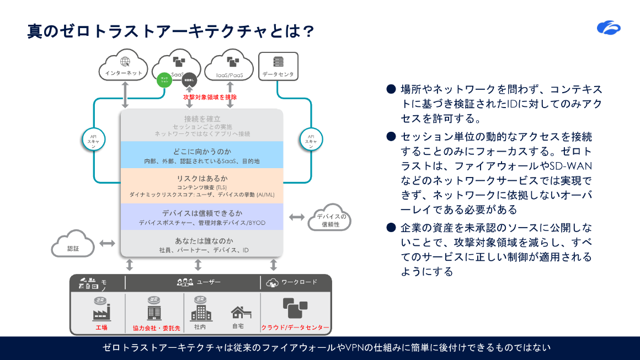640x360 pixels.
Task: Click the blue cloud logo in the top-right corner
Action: pyautogui.click(x=609, y=27)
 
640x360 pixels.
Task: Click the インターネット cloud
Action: pyautogui.click(x=124, y=67)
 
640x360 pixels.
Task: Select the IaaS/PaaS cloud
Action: pyautogui.click(x=230, y=68)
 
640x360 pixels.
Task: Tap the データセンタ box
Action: pyautogui.click(x=278, y=66)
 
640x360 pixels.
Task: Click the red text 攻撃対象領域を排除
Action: pyautogui.click(x=210, y=97)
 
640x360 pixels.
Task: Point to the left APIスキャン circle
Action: pyautogui.click(x=93, y=140)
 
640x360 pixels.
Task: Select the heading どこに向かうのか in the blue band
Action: pyautogui.click(x=202, y=151)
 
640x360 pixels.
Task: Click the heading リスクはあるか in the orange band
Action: pyautogui.click(x=202, y=179)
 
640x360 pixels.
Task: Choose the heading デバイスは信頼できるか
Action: pyautogui.click(x=202, y=213)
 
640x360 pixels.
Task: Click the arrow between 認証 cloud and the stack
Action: pyautogui.click(x=107, y=243)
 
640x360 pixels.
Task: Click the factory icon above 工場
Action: pyautogui.click(x=101, y=311)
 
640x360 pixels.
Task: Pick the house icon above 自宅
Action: pyautogui.click(x=241, y=313)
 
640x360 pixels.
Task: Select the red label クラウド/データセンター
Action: pyautogui.click(x=295, y=327)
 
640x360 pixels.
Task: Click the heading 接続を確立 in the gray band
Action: pyautogui.click(x=202, y=119)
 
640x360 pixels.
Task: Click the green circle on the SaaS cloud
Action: pyautogui.click(x=164, y=80)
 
